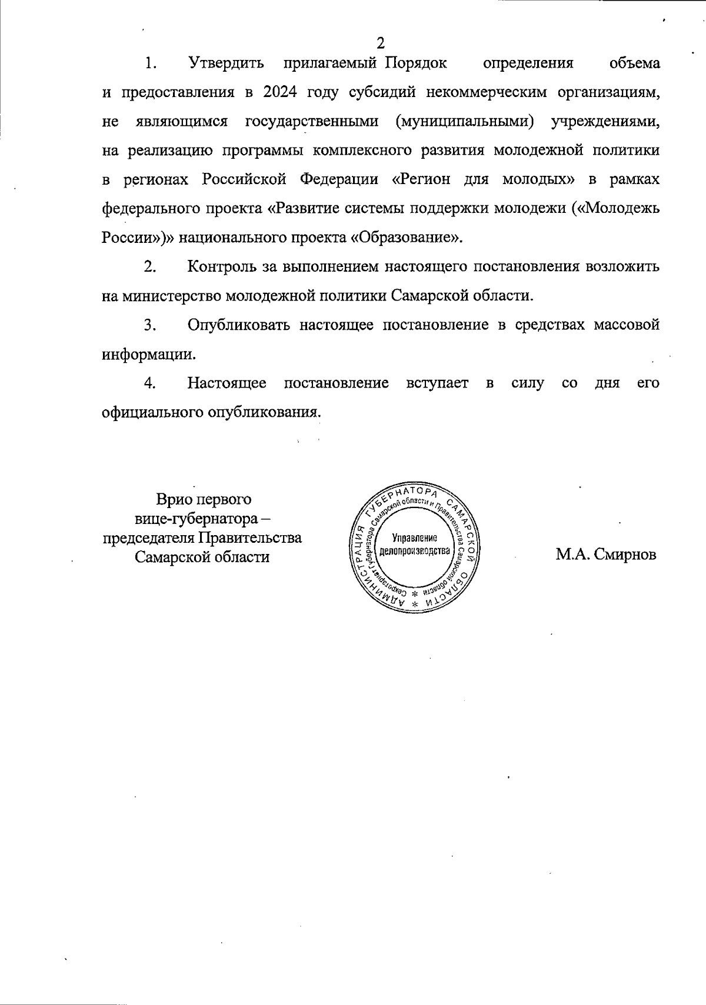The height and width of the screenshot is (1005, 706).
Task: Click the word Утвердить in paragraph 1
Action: [226, 63]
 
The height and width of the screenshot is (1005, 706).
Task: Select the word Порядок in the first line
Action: [416, 63]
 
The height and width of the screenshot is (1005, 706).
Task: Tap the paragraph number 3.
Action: [149, 325]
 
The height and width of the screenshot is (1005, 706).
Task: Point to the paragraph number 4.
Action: [149, 383]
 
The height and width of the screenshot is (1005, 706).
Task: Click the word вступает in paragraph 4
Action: [437, 383]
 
